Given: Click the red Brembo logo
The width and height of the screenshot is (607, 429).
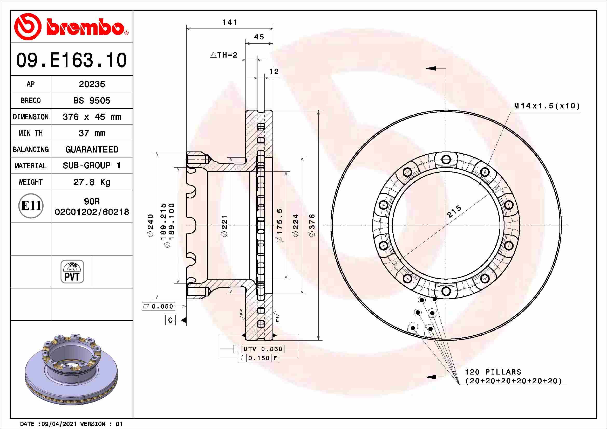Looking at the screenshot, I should click(x=71, y=27).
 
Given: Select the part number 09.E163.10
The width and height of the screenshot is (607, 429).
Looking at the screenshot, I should click(x=71, y=60).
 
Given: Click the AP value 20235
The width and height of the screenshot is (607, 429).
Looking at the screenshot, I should click(x=92, y=84).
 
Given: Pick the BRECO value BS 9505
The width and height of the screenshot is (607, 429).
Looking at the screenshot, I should click(x=92, y=101).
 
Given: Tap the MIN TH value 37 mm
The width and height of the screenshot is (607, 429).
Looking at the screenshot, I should click(x=92, y=133).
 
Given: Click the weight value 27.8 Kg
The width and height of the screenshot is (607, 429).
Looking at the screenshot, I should click(x=92, y=182).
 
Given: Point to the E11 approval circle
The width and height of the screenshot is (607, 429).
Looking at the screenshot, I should click(x=31, y=206).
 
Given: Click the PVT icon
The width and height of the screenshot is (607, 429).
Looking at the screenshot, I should click(x=72, y=272).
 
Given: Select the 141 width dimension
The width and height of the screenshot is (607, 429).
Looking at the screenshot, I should click(x=229, y=23).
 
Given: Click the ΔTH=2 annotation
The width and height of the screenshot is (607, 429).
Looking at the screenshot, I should click(x=224, y=55).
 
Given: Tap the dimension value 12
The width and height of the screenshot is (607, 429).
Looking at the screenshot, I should click(x=274, y=72).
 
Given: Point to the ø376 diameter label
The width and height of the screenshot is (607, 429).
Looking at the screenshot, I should click(x=312, y=225).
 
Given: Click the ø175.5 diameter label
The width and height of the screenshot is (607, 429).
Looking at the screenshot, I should click(x=279, y=225).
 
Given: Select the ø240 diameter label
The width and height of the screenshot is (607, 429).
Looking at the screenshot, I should click(x=150, y=225).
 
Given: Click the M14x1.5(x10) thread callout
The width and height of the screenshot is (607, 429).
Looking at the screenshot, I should click(x=547, y=106).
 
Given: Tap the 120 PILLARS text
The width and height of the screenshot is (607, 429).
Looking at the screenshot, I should click(x=493, y=372).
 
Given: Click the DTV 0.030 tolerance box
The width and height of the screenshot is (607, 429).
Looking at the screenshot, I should click(x=259, y=349).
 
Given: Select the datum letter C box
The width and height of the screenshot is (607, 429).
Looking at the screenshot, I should click(x=170, y=320).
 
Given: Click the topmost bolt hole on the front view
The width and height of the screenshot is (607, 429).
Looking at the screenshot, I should click(x=446, y=160).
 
